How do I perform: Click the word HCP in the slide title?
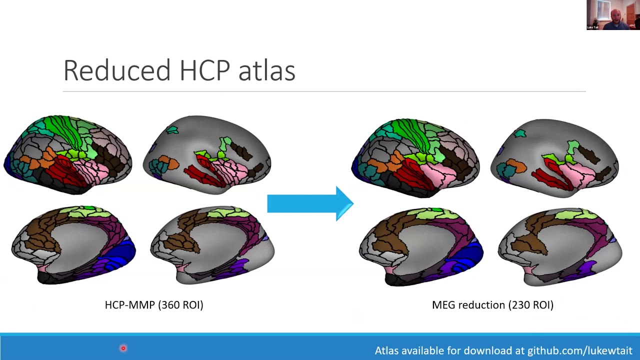[x=204, y=70]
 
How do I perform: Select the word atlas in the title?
[x=266, y=70]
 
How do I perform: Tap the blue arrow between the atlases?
[x=310, y=203]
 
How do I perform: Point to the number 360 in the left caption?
[x=177, y=305]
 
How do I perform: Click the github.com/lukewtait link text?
[x=579, y=351]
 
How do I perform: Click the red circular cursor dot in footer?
[x=123, y=348]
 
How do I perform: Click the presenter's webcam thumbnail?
[x=613, y=15]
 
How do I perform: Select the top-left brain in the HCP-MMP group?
[x=68, y=154]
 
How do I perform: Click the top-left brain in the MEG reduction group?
[x=415, y=157]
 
